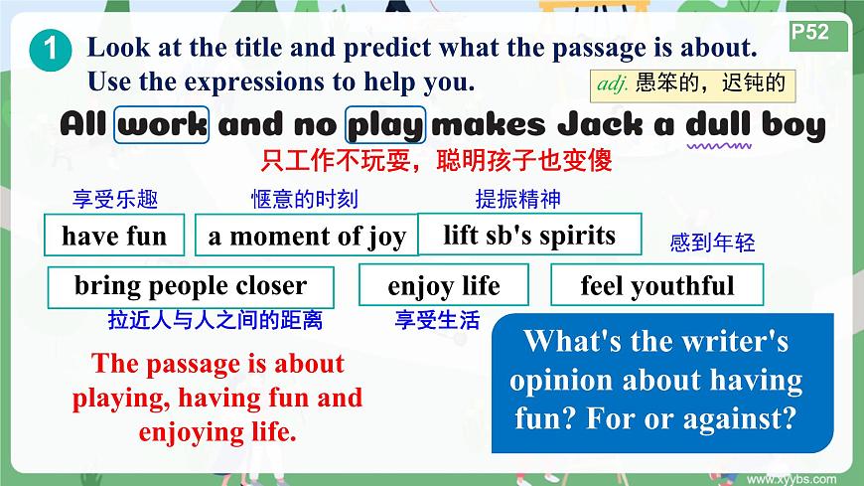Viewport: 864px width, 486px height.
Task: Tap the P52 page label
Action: pos(811,33)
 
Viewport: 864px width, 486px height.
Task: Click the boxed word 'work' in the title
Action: pos(162,125)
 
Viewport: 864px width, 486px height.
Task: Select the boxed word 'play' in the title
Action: pos(385,125)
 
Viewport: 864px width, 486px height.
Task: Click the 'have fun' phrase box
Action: pos(113,236)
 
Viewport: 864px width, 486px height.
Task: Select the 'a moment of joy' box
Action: pos(306,237)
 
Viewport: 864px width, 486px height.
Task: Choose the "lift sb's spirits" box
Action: pos(529,235)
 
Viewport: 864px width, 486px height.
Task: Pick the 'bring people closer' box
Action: pos(190,286)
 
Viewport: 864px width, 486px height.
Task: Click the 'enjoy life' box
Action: pos(444,286)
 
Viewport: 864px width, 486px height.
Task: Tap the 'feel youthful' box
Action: pos(656,286)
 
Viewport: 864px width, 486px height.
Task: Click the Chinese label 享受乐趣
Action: pos(115,200)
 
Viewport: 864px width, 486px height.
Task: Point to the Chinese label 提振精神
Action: pos(518,199)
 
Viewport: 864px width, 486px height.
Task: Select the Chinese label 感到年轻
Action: pos(712,243)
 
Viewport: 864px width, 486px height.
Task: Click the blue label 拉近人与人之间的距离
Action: pos(216,320)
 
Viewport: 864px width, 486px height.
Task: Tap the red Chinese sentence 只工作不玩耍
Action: pos(436,160)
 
